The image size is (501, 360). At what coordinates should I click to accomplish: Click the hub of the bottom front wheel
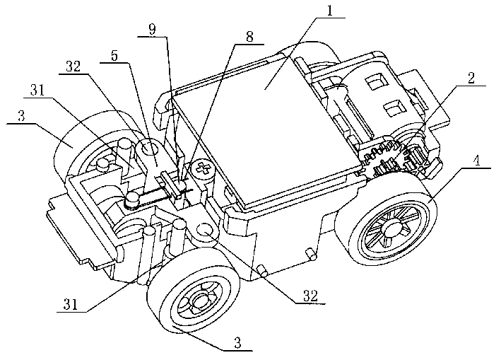pos(200,304)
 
